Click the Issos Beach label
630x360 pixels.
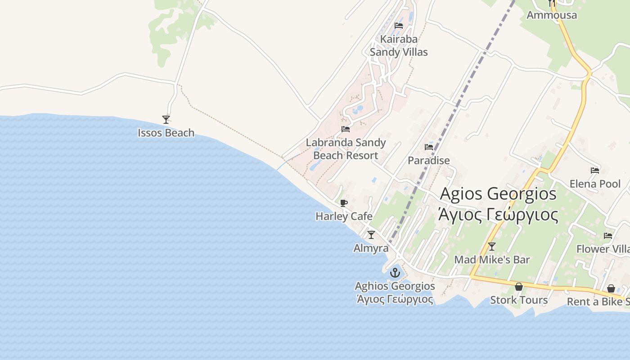coord(166,133)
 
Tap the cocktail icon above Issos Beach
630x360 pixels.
coord(166,119)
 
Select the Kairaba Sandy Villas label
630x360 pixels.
coord(399,45)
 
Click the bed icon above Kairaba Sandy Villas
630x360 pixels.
coord(399,26)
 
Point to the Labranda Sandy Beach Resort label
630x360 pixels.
coord(346,149)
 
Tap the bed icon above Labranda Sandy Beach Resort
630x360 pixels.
coord(346,129)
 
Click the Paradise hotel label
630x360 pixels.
coord(428,161)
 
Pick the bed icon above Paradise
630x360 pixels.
coord(429,147)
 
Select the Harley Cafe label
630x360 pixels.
coord(344,216)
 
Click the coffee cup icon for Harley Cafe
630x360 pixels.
coord(344,203)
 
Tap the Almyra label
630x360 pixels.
coord(371,248)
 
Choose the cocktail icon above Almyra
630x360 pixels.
coord(371,234)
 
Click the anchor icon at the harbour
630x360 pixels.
coord(395,273)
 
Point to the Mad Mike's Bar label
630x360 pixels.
coord(492,260)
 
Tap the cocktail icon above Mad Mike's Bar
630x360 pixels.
coord(492,246)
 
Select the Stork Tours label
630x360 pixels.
coord(519,300)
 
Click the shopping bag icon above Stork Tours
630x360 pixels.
coord(519,287)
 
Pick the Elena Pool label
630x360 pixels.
coord(595,184)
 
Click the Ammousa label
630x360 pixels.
coord(551,15)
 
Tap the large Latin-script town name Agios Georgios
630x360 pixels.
coord(498,194)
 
